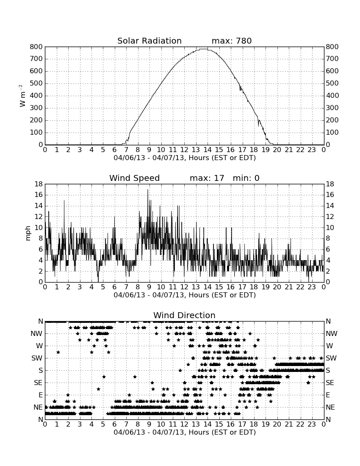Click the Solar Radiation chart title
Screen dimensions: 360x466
(150, 41)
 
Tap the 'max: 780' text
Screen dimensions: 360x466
(232, 41)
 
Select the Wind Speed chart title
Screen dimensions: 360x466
(135, 178)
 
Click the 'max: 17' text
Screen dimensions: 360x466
(207, 178)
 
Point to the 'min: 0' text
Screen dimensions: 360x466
(246, 178)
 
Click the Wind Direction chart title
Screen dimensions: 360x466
(185, 315)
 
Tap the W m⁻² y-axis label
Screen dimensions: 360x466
(22, 96)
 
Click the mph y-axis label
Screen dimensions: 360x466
(28, 233)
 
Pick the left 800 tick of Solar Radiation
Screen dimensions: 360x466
(36, 47)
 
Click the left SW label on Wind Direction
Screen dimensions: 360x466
(37, 358)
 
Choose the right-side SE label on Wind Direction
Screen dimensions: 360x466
(330, 383)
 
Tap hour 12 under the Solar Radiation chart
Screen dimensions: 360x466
(184, 150)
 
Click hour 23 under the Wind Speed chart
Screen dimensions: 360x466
(312, 287)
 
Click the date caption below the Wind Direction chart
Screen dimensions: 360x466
(185, 432)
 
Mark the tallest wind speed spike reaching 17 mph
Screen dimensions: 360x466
(148, 190)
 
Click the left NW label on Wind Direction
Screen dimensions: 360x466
(36, 334)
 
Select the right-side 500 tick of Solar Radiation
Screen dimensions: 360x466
(332, 83)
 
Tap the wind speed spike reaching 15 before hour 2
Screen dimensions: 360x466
(64, 201)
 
